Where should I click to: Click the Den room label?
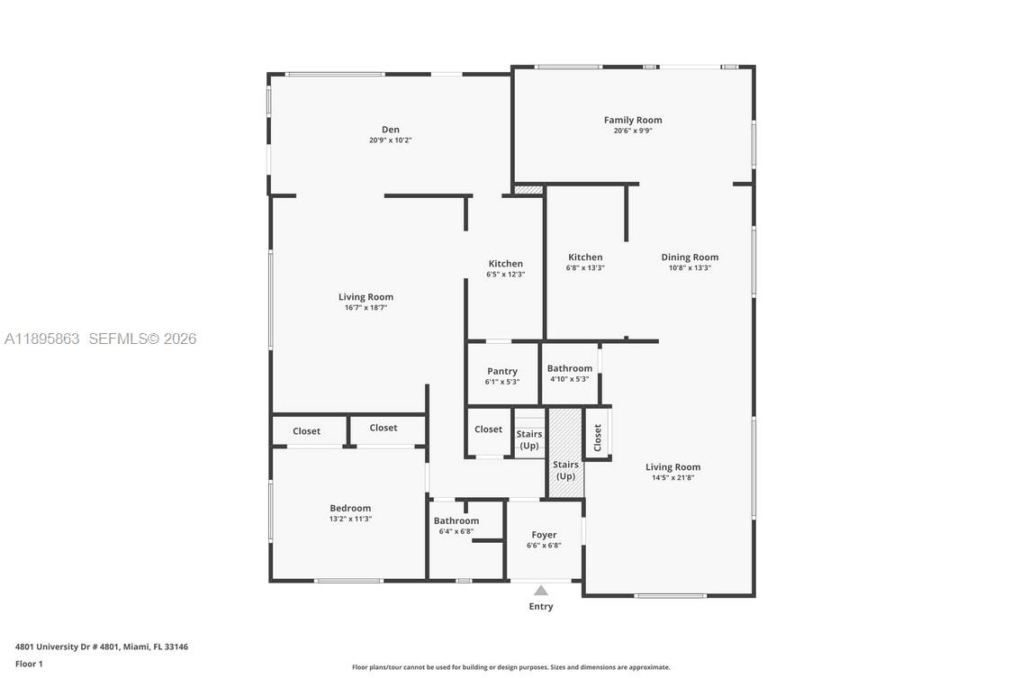pyautogui.click(x=390, y=130)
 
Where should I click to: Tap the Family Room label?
pyautogui.click(x=632, y=120)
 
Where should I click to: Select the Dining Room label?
pyautogui.click(x=690, y=257)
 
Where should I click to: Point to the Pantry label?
pyautogui.click(x=501, y=371)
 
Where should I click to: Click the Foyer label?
pyautogui.click(x=544, y=535)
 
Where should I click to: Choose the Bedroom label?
pyautogui.click(x=349, y=508)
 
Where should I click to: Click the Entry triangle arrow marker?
pyautogui.click(x=540, y=591)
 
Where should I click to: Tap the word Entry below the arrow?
pyautogui.click(x=540, y=607)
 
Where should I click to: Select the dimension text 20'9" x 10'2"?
pyautogui.click(x=390, y=140)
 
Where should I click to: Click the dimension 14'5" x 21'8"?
pyautogui.click(x=672, y=478)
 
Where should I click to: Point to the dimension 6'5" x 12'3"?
pyautogui.click(x=505, y=275)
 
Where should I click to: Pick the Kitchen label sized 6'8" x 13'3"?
pyautogui.click(x=584, y=257)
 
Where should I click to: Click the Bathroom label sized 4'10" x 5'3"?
pyautogui.click(x=569, y=368)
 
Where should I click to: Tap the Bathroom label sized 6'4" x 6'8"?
pyautogui.click(x=456, y=520)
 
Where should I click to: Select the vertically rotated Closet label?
pyautogui.click(x=597, y=438)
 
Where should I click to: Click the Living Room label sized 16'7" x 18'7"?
pyautogui.click(x=366, y=297)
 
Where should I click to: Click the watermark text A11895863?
pyautogui.click(x=42, y=339)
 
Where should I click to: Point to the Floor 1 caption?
pyautogui.click(x=29, y=664)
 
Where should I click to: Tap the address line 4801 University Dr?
pyautogui.click(x=101, y=646)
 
